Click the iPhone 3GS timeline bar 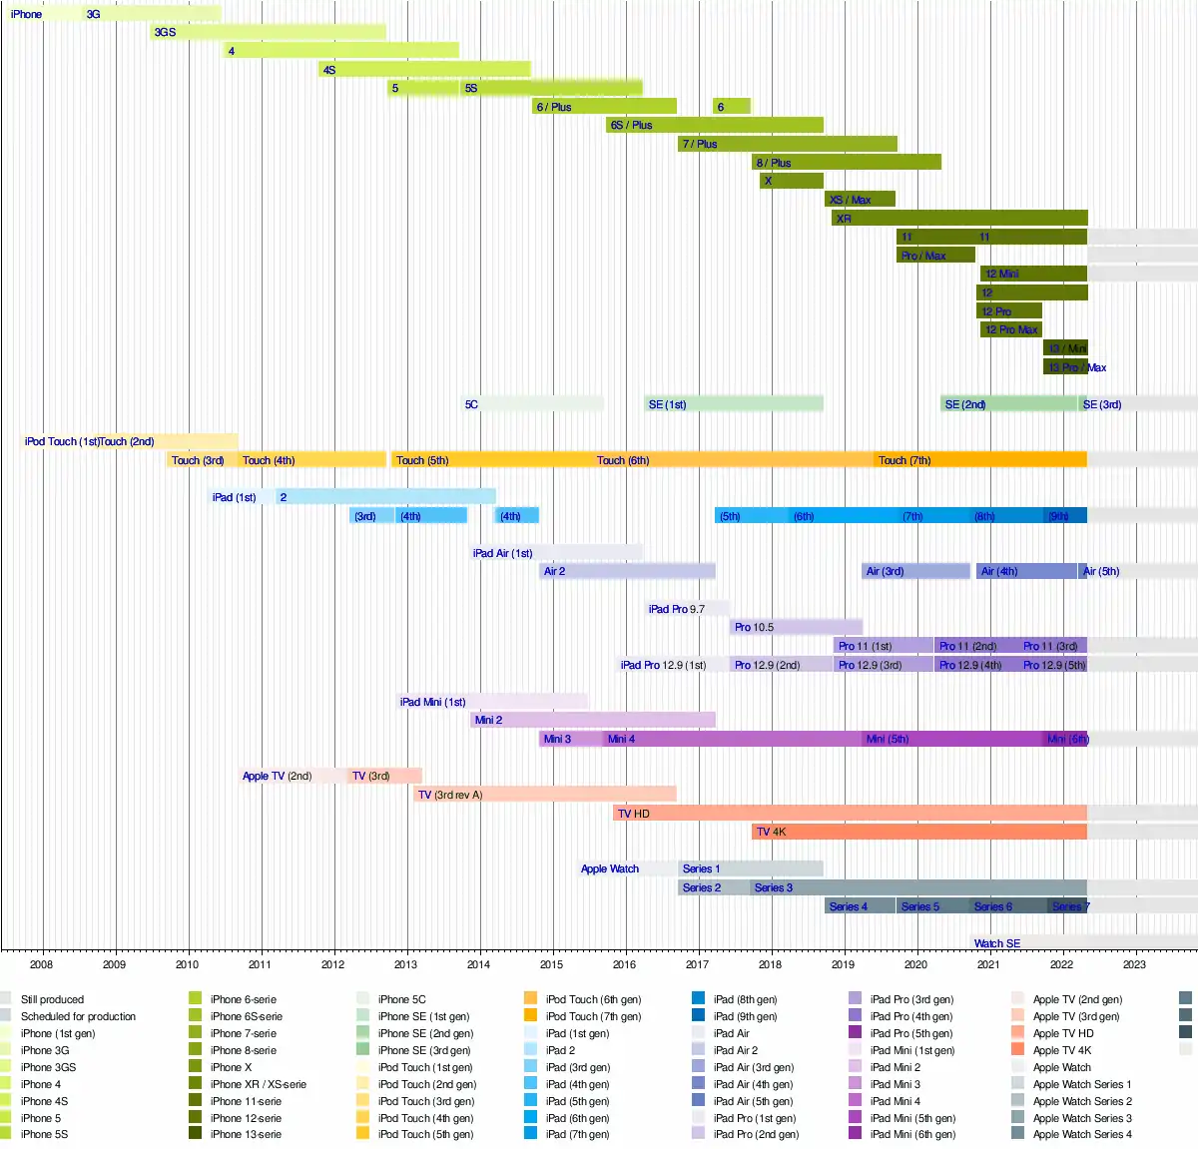pos(268,32)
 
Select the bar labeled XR pos(958,218)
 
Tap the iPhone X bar pos(792,181)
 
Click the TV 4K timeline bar pos(918,832)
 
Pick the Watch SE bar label pos(997,943)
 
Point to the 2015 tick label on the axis pos(551,964)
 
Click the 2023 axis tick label pos(1134,964)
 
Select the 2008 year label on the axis pos(41,964)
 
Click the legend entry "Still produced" pos(52,999)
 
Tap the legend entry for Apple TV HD pos(1063,1033)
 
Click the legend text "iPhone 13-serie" pos(246,1134)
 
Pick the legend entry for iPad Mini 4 pos(896,1101)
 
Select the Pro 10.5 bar pos(796,627)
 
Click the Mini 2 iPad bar pos(593,720)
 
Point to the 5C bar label pos(471,404)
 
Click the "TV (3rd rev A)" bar pos(545,795)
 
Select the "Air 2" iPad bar pos(628,571)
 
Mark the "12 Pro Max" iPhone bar pos(1011,329)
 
